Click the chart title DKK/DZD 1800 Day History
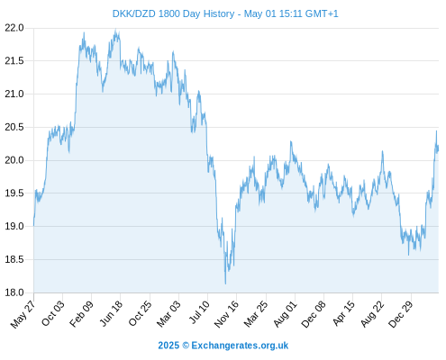point(173,13)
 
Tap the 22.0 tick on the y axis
point(14,28)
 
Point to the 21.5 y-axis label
point(14,61)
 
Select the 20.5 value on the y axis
point(14,127)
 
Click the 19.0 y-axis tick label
point(14,226)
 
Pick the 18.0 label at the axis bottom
point(14,292)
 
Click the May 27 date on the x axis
point(23,314)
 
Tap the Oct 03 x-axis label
point(53,313)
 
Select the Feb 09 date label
point(81,314)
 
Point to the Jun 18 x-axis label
point(111,313)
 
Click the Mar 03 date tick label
point(168,313)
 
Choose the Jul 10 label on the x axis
point(199,312)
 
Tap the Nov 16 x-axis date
point(226,314)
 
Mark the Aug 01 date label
point(285,313)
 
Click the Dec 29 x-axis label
point(401,314)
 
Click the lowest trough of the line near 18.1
point(225,283)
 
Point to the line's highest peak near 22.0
point(115,30)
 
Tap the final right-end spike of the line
point(436,131)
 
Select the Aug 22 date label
point(372,313)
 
